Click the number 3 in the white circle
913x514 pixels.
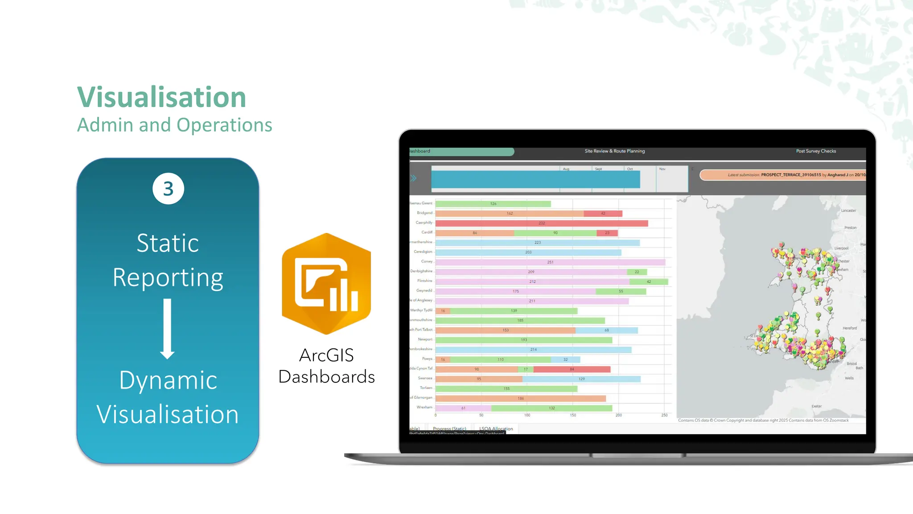168,189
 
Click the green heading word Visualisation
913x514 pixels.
161,97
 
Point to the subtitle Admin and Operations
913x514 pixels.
174,125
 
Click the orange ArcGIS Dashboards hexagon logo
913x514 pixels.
326,283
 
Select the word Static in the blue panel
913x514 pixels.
168,243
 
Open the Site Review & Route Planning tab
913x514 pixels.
614,151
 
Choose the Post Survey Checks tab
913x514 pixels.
816,151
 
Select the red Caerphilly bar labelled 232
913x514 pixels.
542,223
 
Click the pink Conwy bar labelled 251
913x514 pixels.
550,262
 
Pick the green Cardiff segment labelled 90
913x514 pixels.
555,233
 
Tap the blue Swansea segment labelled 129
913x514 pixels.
581,379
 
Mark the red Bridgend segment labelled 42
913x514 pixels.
603,213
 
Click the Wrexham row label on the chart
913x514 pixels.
424,407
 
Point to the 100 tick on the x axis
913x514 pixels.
527,415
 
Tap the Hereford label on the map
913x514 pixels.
850,328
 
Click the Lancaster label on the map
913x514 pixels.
848,211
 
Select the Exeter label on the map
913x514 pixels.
816,406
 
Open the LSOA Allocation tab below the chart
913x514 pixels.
496,429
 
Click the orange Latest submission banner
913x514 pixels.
783,175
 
